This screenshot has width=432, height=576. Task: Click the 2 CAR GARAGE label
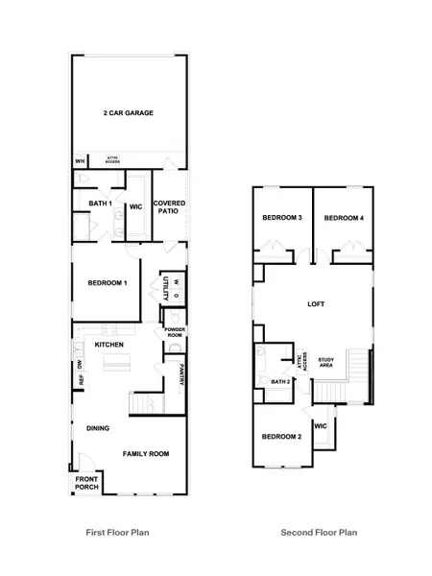tap(129, 113)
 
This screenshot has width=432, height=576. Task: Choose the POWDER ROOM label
tap(175, 332)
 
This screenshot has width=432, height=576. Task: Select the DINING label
tap(98, 428)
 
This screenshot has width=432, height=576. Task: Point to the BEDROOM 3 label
tap(282, 219)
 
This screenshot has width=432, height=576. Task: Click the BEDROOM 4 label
tap(344, 219)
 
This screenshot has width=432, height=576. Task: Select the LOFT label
tap(316, 304)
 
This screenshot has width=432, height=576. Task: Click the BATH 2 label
tap(280, 382)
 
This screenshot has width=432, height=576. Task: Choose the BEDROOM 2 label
tap(282, 437)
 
